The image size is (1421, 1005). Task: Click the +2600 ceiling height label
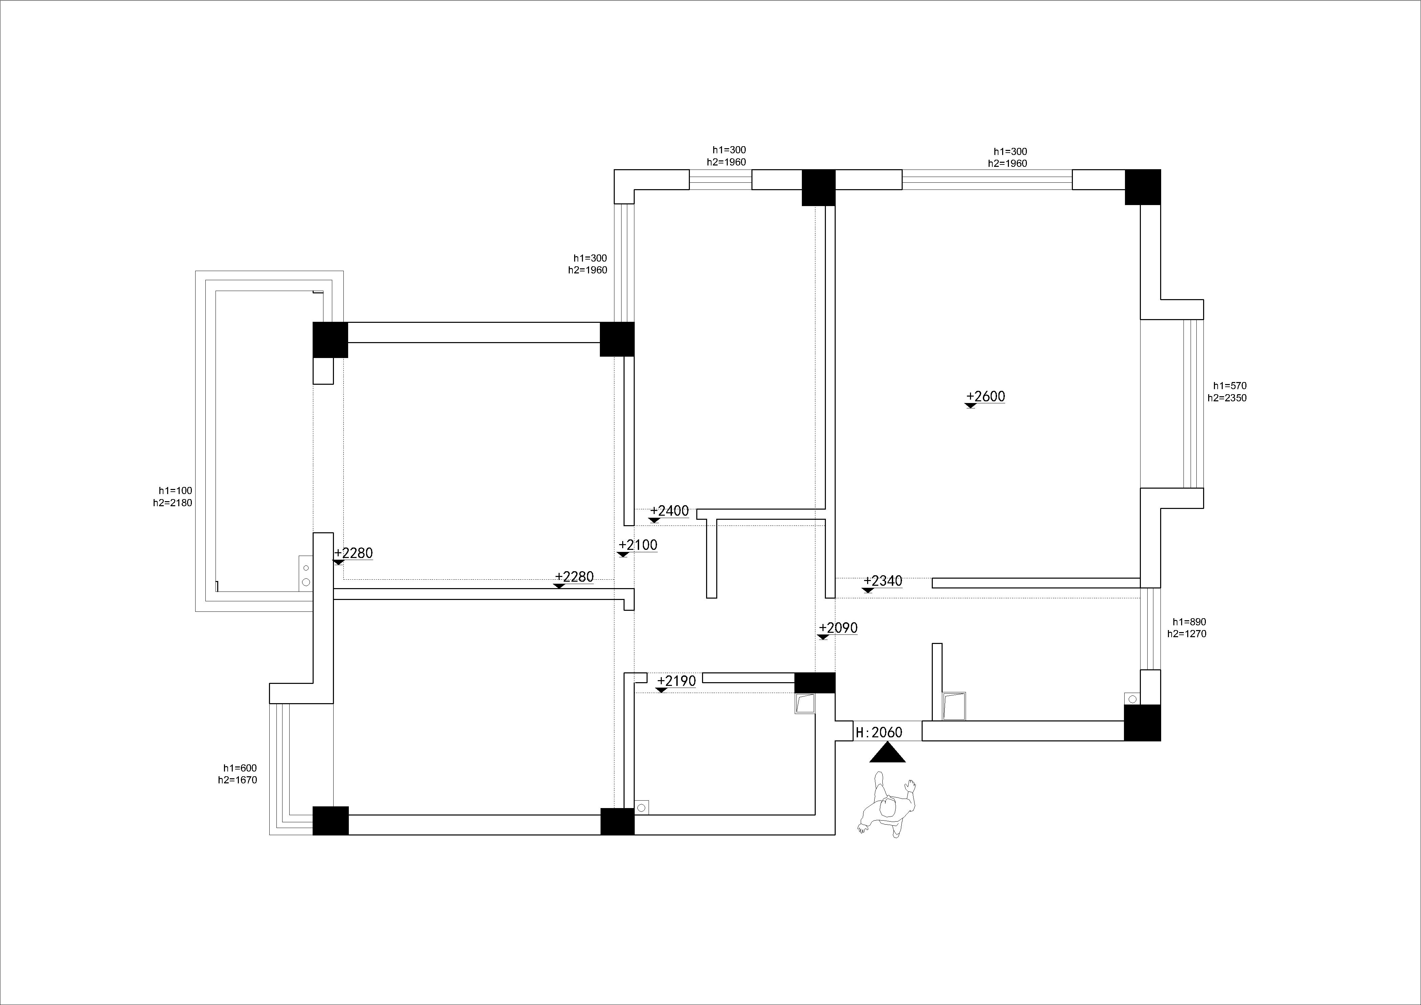pyautogui.click(x=986, y=397)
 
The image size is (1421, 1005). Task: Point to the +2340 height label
pyautogui.click(x=883, y=581)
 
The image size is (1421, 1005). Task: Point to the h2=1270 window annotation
pyautogui.click(x=1187, y=634)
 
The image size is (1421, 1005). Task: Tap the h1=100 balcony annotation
pyautogui.click(x=175, y=491)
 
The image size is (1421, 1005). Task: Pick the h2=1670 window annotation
pyautogui.click(x=237, y=780)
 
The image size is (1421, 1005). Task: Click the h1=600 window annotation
pyautogui.click(x=240, y=768)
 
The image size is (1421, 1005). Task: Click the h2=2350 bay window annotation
pyautogui.click(x=1227, y=398)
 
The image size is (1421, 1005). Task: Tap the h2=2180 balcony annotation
pyautogui.click(x=173, y=503)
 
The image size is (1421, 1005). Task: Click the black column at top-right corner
pyautogui.click(x=1143, y=187)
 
